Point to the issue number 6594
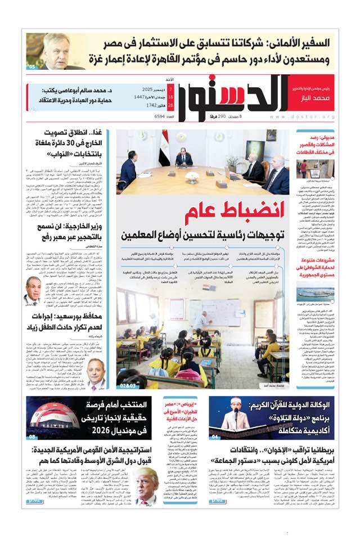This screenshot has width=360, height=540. (146, 116)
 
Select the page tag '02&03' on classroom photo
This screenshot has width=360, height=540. (128, 385)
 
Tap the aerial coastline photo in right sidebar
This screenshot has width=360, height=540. (315, 293)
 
